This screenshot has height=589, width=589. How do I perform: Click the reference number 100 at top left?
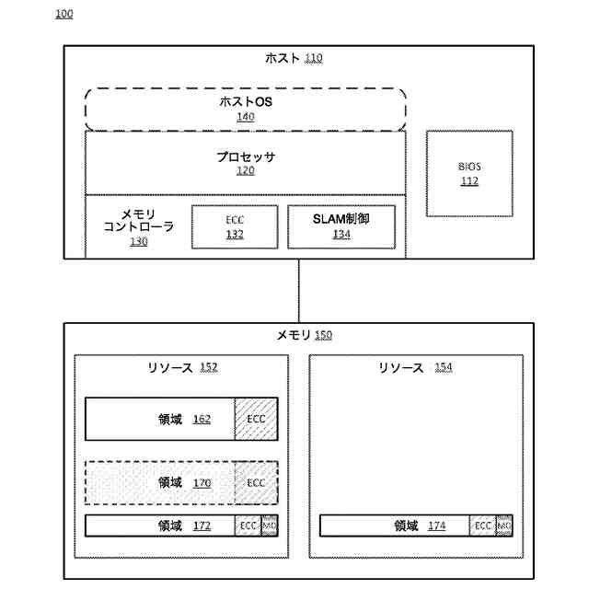tap(64, 15)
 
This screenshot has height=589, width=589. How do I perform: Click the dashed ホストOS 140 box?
tap(246, 109)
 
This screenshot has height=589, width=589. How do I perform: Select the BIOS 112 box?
tap(469, 173)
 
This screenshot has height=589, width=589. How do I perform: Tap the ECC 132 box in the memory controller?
tap(235, 227)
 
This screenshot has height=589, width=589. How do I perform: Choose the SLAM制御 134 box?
tap(341, 227)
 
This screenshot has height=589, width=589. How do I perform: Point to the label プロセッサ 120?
tap(246, 163)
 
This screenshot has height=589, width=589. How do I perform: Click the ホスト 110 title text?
tap(293, 58)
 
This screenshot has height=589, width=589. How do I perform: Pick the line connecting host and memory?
tap(299, 290)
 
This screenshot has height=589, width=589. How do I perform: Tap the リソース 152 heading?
tap(181, 367)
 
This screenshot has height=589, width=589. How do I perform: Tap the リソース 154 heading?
tap(415, 367)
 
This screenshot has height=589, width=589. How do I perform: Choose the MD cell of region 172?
tap(270, 525)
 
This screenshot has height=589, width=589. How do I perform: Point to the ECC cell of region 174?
tap(482, 525)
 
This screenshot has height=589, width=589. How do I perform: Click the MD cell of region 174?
tap(504, 525)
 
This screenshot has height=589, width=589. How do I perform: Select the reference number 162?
tap(202, 419)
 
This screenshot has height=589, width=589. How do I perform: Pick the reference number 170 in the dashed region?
tap(202, 482)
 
